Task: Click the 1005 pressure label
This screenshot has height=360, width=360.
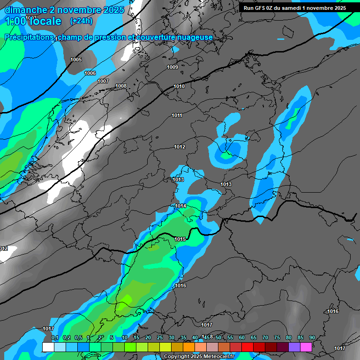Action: [76, 60]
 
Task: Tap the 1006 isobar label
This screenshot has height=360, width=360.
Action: [90, 73]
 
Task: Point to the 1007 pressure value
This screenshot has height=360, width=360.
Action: [103, 81]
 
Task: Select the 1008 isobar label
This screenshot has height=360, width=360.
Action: [121, 86]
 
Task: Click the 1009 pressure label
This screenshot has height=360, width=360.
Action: [172, 67]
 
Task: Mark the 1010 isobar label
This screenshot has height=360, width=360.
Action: [179, 86]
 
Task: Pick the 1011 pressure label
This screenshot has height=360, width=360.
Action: [177, 115]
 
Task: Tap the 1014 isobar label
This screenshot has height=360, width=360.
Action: [180, 206]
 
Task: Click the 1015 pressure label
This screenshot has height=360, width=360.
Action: [180, 239]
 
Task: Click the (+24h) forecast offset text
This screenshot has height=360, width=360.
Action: [81, 21]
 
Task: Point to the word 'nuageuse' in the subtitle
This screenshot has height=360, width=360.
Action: [193, 37]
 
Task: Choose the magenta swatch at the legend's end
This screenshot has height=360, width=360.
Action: [306, 347]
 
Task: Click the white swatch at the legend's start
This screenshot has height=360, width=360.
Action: [48, 347]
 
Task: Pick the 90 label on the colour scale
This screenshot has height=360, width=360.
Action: [312, 337]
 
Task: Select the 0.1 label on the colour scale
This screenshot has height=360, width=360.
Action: [55, 337]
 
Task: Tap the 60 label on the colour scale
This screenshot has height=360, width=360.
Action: [242, 337]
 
